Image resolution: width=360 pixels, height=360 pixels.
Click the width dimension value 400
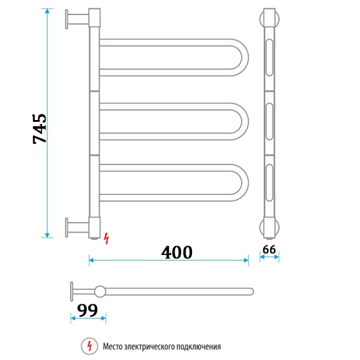click(177, 253)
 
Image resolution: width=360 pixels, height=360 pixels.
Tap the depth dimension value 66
click(269, 249)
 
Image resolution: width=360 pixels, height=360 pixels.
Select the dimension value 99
click(88, 310)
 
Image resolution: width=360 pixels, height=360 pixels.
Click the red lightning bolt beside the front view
click(107, 238)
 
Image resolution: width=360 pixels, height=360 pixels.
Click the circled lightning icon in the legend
click(89, 346)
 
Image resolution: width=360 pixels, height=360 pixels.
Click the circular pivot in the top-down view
click(100, 292)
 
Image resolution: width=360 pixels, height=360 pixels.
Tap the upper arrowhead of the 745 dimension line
click(47, 13)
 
